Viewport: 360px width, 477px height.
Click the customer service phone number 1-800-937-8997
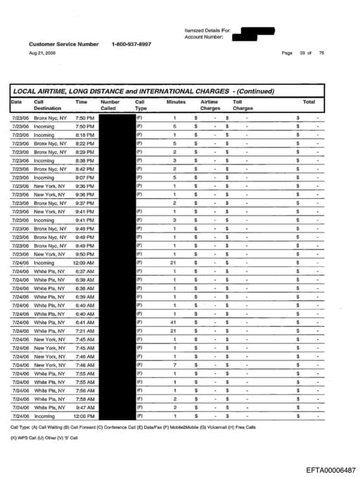coord(131,44)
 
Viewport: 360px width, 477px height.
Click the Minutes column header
coord(176,102)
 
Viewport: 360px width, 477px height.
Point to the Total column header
coord(308,102)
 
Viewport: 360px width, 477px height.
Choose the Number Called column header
coord(110,105)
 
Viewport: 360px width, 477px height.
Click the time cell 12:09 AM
coord(84,263)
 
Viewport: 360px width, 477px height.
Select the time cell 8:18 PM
coord(84,135)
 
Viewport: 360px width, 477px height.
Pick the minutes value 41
coord(174,322)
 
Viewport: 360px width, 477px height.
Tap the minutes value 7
coord(174,365)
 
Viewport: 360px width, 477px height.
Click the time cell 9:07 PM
coord(84,178)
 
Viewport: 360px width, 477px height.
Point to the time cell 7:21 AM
coord(84,331)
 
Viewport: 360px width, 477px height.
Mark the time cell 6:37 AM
coord(84,271)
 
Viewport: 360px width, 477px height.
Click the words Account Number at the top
coord(205,38)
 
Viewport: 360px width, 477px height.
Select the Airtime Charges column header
coord(210,105)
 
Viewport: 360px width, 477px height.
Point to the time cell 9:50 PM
coord(84,254)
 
